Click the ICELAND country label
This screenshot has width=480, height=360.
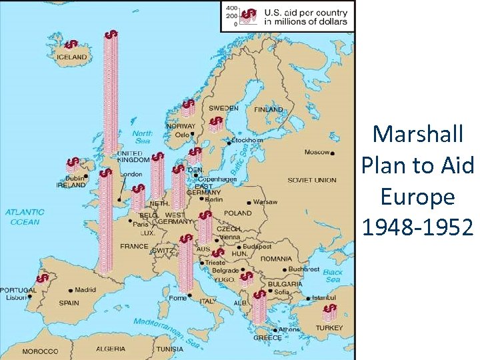click(71, 58)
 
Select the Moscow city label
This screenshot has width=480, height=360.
click(317, 152)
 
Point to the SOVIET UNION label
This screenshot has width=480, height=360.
click(311, 180)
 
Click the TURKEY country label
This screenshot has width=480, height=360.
click(329, 328)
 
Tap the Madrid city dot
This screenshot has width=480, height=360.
click(71, 290)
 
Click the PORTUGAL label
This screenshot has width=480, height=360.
click(19, 290)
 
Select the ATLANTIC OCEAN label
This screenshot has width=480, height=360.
click(25, 217)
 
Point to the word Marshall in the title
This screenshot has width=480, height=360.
click(417, 134)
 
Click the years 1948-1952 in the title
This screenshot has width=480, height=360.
click(417, 228)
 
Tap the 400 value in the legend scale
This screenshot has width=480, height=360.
click(231, 7)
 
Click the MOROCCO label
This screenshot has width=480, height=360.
click(40, 351)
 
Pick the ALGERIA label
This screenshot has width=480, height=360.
click(111, 349)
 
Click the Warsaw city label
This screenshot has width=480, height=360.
click(265, 201)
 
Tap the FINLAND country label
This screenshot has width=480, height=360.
click(268, 109)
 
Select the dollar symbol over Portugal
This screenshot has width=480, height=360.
click(43, 278)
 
